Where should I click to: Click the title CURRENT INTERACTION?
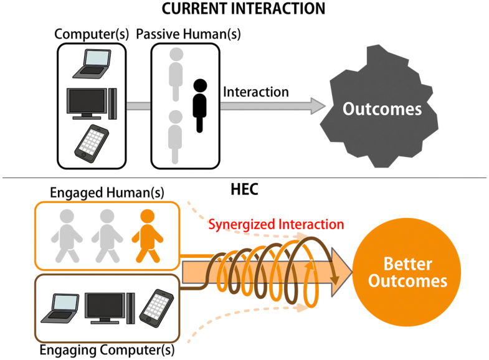244,9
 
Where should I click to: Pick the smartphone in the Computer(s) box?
92,143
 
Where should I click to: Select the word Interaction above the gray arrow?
256,92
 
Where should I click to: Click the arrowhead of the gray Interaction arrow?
318,106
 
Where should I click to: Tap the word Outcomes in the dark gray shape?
383,109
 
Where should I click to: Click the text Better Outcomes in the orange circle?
407,272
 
